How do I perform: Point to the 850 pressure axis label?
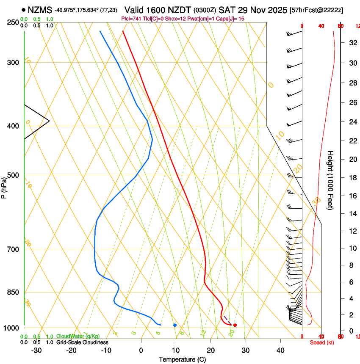point(13,292)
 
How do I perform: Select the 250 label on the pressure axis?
point(13,22)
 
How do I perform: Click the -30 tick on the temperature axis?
point(36,350)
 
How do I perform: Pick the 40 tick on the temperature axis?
point(280,350)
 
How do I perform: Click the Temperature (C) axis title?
point(182,360)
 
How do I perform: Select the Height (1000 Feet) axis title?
point(331,180)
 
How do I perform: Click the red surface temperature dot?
point(235,325)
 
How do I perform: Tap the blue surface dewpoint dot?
point(174,325)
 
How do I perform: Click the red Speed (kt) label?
point(322,342)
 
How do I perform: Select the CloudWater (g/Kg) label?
point(78,336)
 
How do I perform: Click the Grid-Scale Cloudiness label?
point(82,342)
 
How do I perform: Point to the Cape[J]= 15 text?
point(232,19)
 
